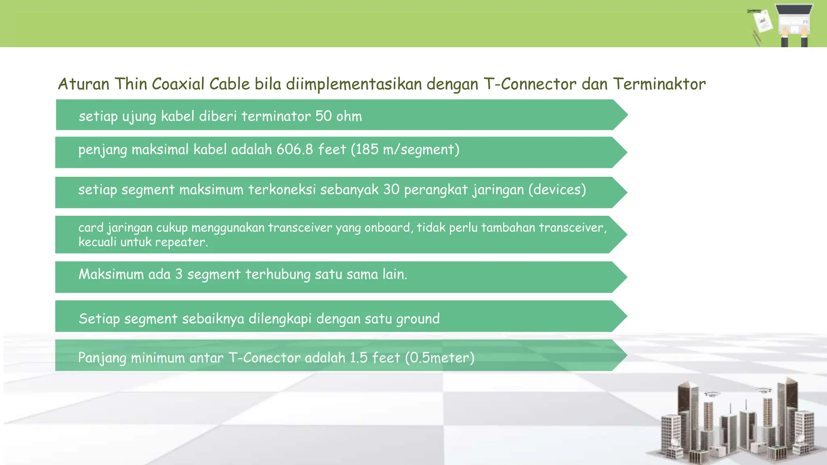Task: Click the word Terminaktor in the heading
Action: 659,84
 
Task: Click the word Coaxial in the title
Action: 178,84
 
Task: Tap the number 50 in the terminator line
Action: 323,116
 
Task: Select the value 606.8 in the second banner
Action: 294,149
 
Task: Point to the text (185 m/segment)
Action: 405,150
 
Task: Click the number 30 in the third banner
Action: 391,189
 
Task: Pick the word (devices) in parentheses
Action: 557,189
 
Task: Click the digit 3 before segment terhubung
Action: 178,274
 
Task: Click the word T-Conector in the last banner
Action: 264,358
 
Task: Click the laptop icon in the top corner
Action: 794,20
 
